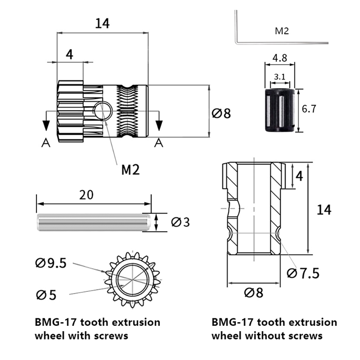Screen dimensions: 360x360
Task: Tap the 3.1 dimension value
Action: tap(280, 77)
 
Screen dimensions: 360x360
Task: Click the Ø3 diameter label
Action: tap(180, 222)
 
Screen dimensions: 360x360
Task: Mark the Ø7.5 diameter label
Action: tap(303, 272)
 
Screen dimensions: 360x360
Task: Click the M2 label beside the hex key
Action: tap(282, 31)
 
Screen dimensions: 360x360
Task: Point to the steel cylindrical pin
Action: tap(94, 222)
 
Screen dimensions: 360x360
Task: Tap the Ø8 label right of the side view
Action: tap(221, 113)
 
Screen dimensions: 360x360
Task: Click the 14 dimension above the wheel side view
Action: tap(102, 23)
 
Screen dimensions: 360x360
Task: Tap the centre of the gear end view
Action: tap(133, 280)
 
